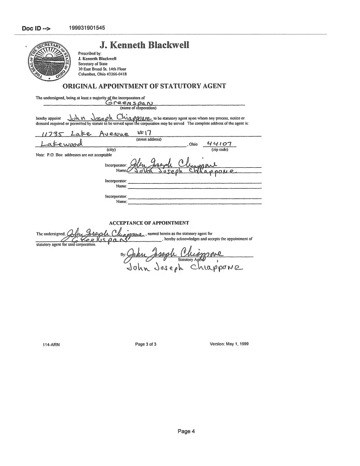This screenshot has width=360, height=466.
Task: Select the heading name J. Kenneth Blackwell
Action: click(144, 45)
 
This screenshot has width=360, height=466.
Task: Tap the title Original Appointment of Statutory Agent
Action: click(144, 86)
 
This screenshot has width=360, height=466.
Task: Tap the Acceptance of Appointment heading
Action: click(149, 223)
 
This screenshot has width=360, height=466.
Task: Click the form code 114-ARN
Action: click(51, 345)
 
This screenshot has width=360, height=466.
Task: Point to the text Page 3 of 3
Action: click(146, 344)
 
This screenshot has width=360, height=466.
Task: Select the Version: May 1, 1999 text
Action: click(230, 344)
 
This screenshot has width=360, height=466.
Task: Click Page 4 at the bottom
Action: click(186, 431)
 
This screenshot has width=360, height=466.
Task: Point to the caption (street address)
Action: click(149, 139)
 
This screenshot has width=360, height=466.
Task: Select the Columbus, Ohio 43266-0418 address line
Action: click(102, 74)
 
